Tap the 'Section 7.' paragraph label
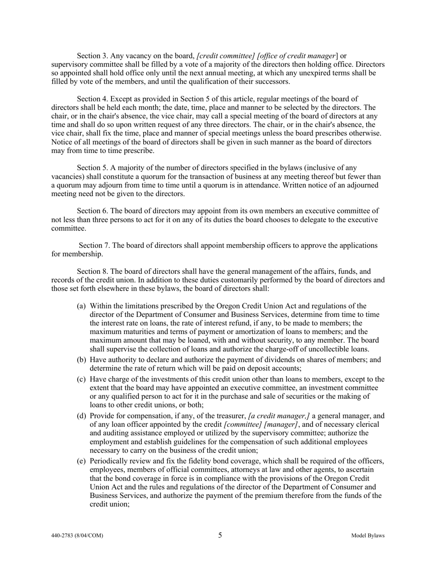(x=93, y=245)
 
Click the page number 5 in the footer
(x=220, y=535)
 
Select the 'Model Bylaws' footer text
(x=368, y=536)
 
